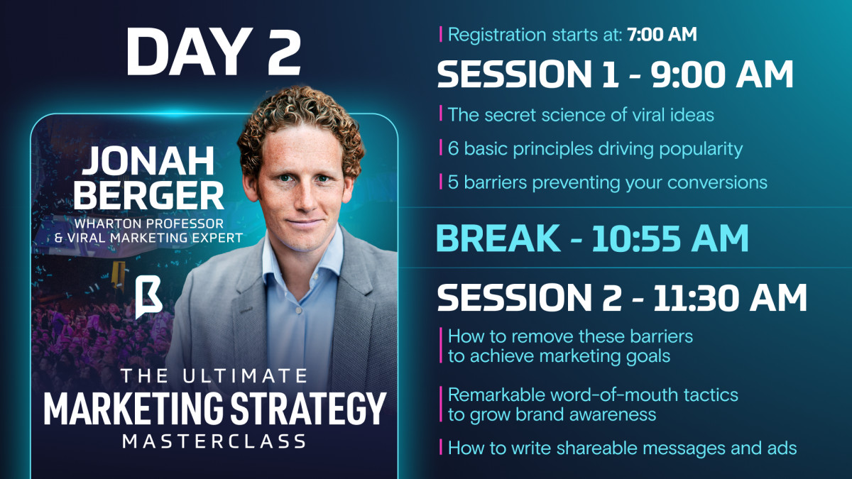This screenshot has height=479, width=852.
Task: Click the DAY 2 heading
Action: (214, 52)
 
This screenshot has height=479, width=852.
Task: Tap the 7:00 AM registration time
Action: (662, 34)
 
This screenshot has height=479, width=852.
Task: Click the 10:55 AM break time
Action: (670, 238)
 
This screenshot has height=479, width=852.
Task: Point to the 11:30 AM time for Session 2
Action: (730, 297)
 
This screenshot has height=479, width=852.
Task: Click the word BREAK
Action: (498, 238)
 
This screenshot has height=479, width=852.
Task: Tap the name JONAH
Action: (148, 161)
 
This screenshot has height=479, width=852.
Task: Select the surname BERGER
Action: (148, 195)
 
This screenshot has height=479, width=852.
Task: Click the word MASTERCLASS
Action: (214, 441)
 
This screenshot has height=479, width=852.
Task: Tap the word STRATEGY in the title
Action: (308, 409)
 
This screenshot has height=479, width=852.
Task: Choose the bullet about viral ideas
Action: (581, 115)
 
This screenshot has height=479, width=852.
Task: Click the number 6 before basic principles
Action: (453, 148)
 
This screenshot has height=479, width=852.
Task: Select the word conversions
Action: (717, 183)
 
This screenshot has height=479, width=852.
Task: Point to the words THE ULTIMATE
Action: (214, 376)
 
